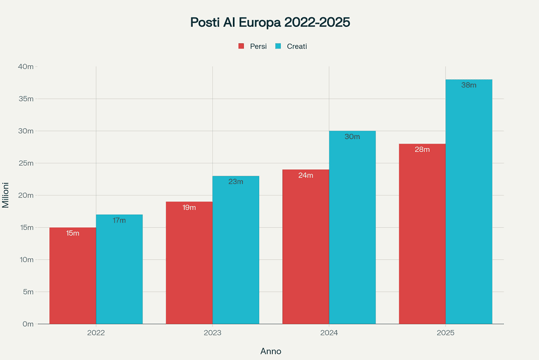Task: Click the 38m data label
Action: click(468, 85)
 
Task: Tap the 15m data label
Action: click(73, 233)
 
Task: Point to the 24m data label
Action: click(306, 175)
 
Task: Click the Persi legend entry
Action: click(253, 46)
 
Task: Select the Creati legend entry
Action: click(291, 46)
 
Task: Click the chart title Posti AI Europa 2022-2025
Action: click(270, 23)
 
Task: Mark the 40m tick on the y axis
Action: click(26, 67)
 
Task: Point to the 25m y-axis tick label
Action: click(26, 163)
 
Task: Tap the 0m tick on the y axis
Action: click(28, 324)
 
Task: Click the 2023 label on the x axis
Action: click(212, 333)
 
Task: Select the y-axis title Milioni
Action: click(6, 195)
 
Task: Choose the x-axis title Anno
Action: click(271, 351)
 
